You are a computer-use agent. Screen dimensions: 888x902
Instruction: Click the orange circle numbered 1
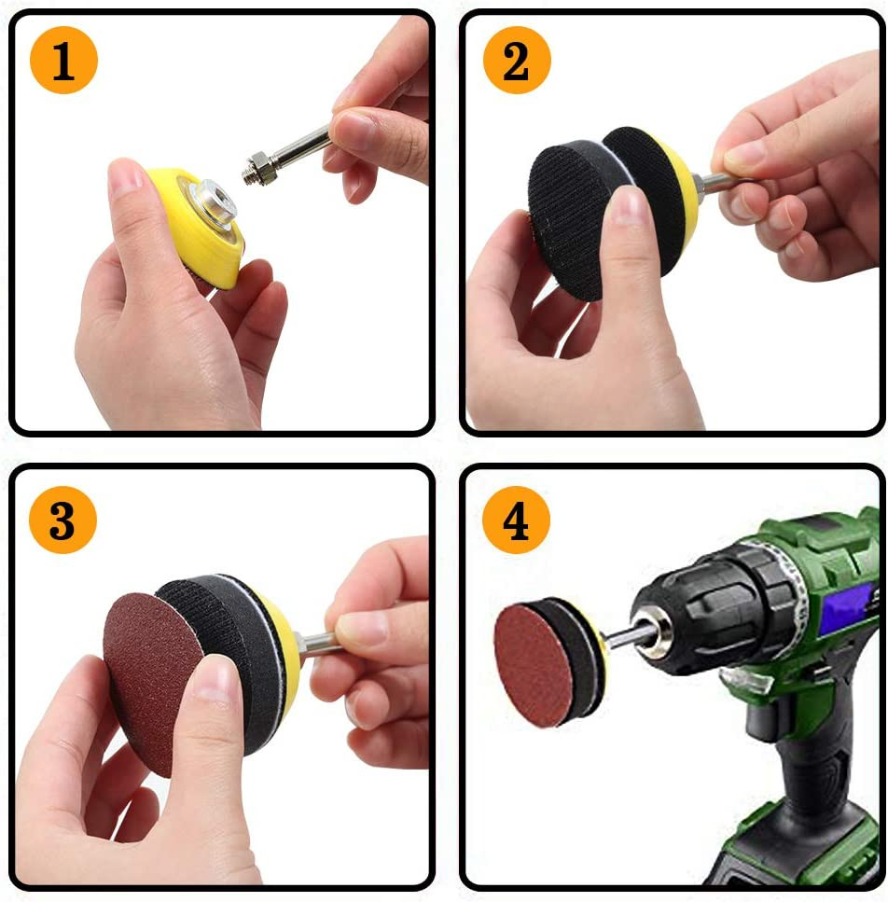(63, 60)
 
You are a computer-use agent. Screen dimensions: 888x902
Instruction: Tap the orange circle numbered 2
(517, 60)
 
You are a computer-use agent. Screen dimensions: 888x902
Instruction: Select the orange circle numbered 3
(62, 520)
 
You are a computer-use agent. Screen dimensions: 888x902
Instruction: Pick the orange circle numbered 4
(516, 520)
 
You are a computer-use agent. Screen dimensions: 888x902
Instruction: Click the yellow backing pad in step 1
(199, 228)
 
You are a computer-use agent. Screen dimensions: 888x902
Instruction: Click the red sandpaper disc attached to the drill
(534, 664)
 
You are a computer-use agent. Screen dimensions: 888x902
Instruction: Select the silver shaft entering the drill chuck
(627, 635)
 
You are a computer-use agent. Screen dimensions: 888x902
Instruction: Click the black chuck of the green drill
(719, 610)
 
